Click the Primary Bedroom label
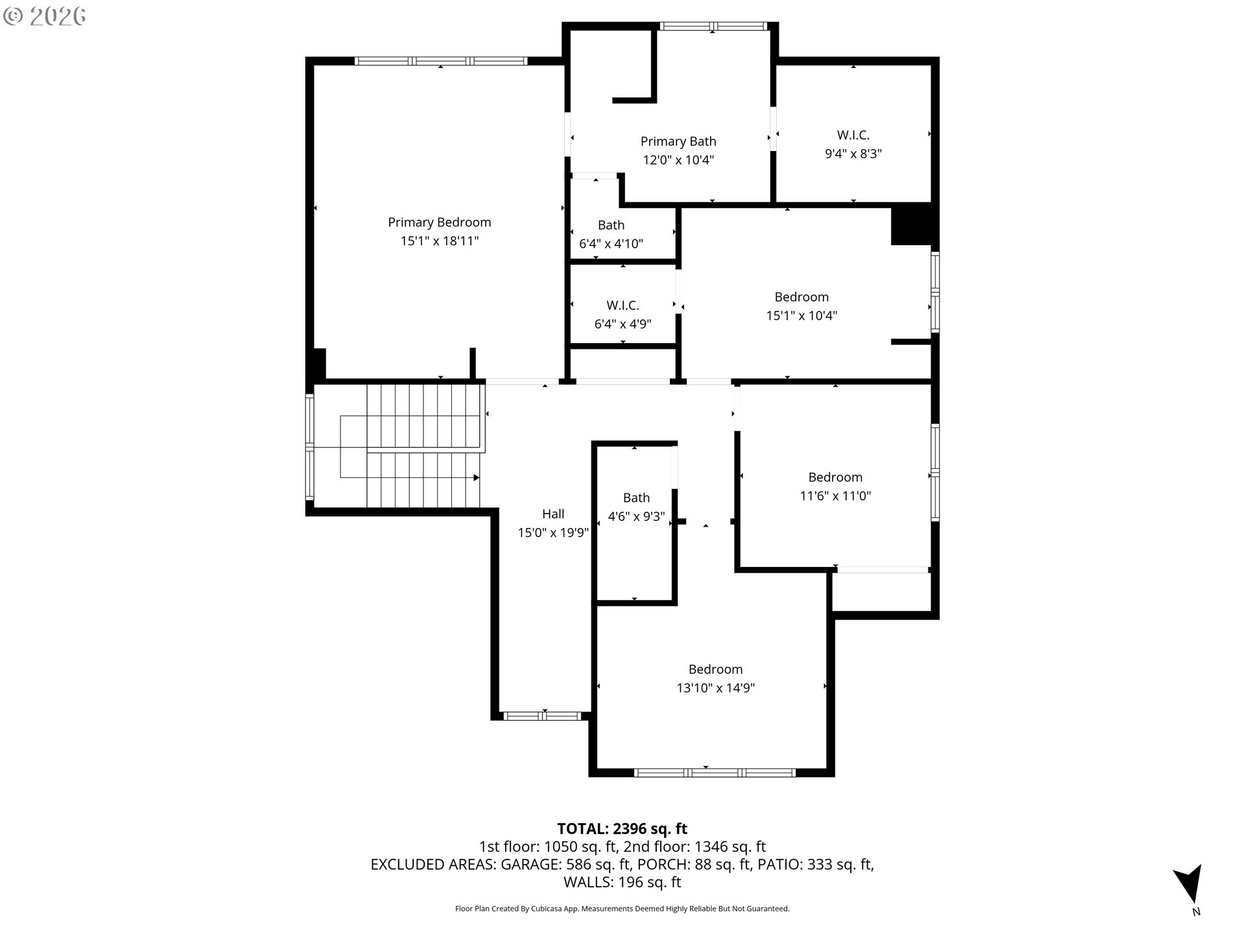coord(439,222)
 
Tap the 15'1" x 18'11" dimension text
coord(439,241)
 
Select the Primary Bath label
coord(678,141)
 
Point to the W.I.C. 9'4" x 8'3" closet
coord(853,144)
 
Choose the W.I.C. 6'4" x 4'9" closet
coord(622,314)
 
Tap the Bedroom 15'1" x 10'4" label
coord(801,297)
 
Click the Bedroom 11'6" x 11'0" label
coord(835,477)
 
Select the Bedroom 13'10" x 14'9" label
coord(715,669)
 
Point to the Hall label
coord(553,514)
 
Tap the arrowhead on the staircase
coord(476,478)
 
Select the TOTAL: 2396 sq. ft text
coord(622,829)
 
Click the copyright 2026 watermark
coord(44,16)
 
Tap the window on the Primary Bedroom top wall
coord(441,61)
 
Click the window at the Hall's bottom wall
coord(542,716)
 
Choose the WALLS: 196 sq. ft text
coord(622,882)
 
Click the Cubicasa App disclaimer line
coord(622,909)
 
